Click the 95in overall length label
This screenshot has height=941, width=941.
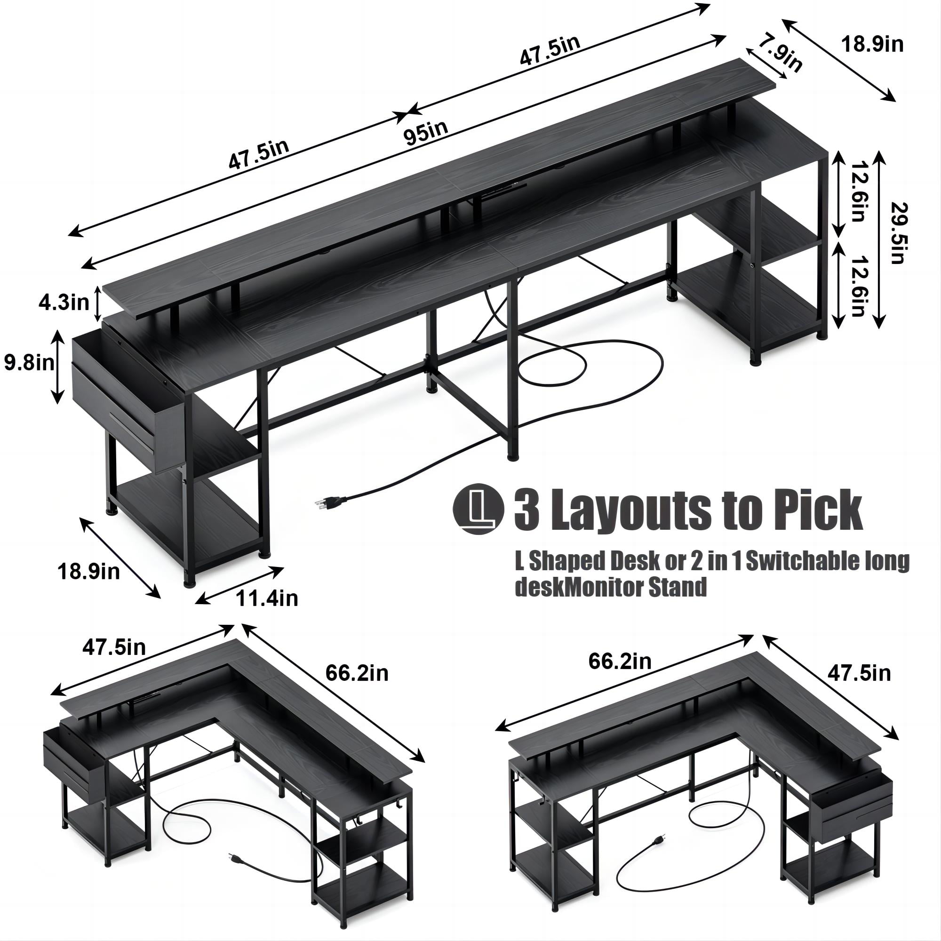click(x=425, y=133)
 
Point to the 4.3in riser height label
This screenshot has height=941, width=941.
click(x=64, y=303)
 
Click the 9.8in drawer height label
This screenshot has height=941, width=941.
click(x=28, y=363)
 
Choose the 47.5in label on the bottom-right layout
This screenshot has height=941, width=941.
click(x=859, y=674)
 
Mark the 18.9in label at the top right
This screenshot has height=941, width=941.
click(x=872, y=45)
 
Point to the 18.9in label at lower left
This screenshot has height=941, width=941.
click(x=88, y=572)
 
